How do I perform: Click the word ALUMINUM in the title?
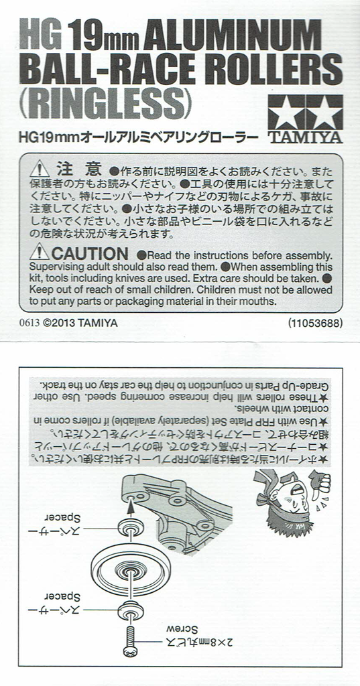(232, 36)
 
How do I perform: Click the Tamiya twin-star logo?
(305, 112)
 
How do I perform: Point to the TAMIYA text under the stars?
(305, 137)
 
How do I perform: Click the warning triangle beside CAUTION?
(40, 252)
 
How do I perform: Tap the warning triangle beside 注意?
(40, 168)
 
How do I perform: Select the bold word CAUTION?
(90, 254)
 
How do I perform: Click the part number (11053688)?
(315, 324)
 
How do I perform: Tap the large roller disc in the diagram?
(131, 568)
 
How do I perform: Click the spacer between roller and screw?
(130, 609)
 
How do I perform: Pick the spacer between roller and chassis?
(130, 527)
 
